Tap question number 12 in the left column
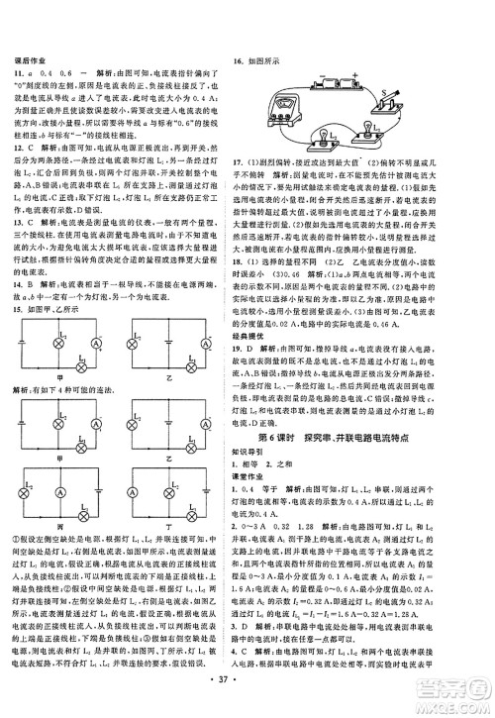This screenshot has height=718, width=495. [x=18, y=145]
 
